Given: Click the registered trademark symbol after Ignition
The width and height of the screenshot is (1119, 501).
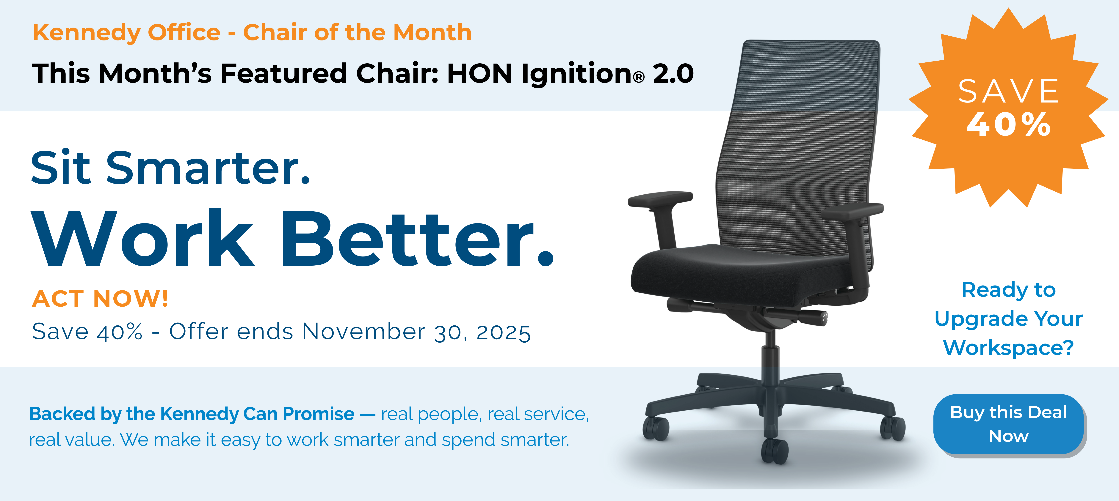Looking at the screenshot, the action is (x=639, y=78).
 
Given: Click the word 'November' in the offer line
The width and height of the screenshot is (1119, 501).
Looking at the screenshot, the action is (x=363, y=332).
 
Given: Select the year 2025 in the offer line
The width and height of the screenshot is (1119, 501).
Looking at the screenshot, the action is (x=504, y=333).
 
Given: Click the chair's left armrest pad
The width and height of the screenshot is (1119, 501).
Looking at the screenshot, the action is (x=660, y=199).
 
